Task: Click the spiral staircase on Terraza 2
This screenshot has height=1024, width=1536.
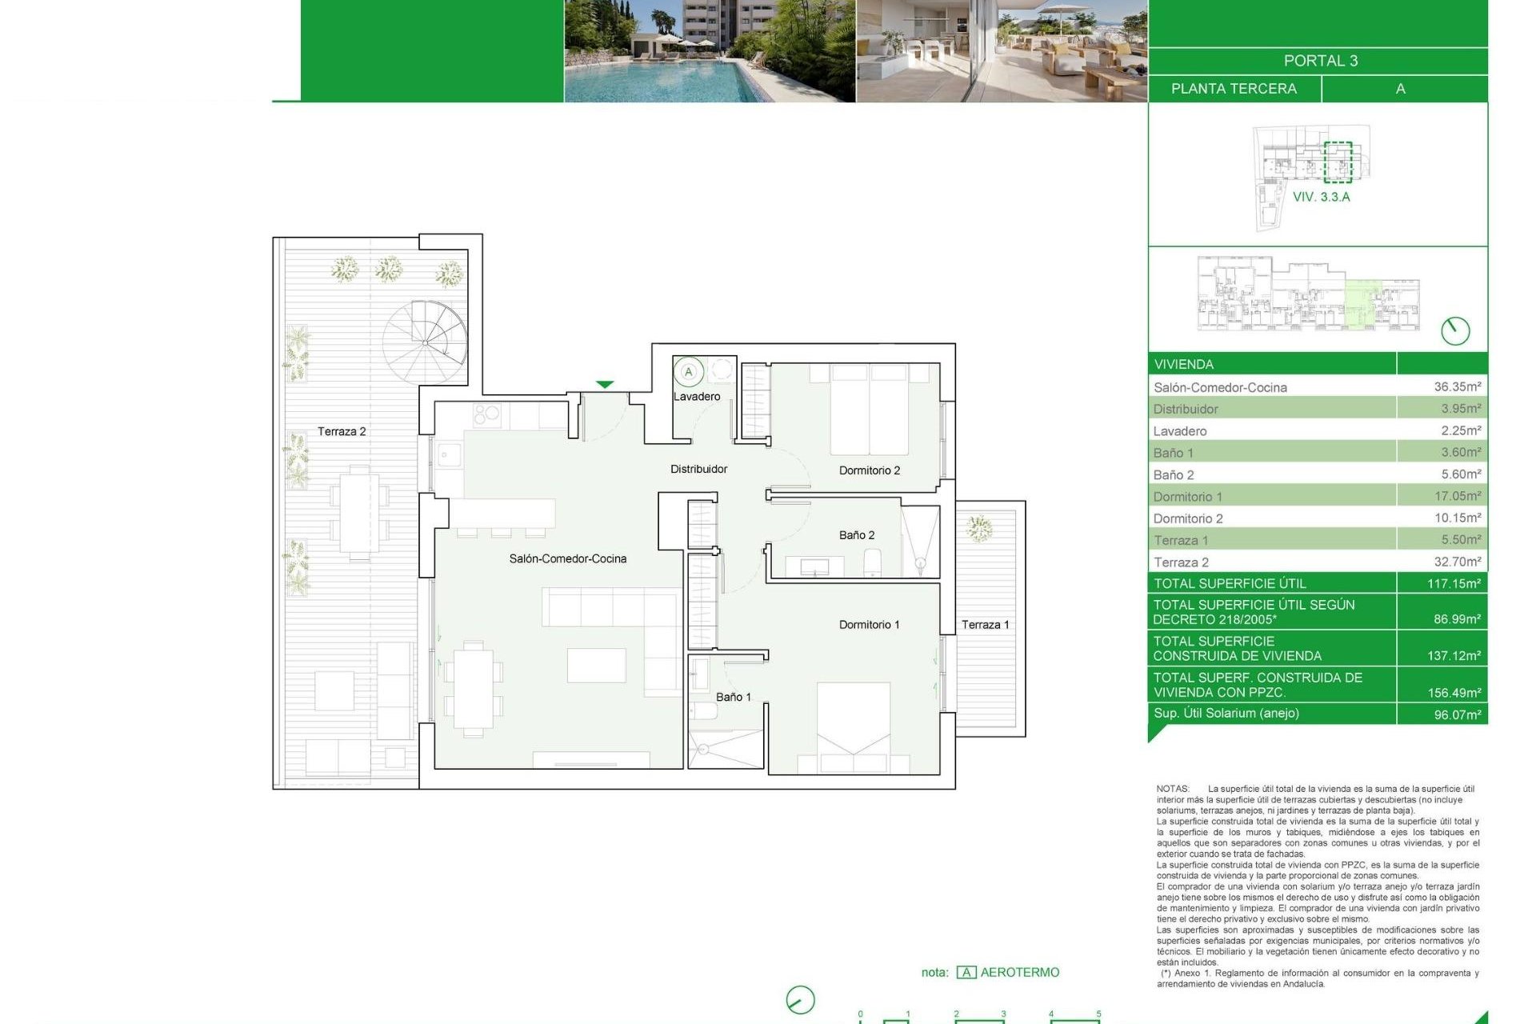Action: pos(425,342)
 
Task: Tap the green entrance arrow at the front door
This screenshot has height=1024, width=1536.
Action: pos(605,385)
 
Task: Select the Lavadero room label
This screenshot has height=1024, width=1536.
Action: pos(696,397)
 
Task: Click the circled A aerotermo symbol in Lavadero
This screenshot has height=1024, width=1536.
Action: pos(688,372)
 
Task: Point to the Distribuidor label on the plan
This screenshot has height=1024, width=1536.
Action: pos(698,470)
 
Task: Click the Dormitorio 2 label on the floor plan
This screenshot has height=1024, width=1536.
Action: pos(869,470)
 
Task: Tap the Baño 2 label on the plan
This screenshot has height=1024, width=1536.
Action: pos(856,535)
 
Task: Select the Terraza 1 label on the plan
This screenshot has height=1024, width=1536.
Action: pos(984,625)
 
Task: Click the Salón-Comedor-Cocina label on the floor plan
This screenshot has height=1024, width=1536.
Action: pos(567,559)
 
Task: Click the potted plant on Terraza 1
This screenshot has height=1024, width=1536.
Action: pos(978,529)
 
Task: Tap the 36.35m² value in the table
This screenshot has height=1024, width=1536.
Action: pos(1457,386)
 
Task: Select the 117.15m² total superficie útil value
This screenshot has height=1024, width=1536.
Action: pos(1453,583)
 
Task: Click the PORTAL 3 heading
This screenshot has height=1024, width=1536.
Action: pos(1320,61)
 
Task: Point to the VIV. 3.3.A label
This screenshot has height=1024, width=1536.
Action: pos(1321,197)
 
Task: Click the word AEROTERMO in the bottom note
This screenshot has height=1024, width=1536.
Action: pos(1019,973)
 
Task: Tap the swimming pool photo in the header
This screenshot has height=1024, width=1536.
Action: pos(709,51)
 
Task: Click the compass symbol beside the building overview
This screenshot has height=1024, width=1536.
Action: pos(1454,330)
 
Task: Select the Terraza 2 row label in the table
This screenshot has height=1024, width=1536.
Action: pos(1181,562)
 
